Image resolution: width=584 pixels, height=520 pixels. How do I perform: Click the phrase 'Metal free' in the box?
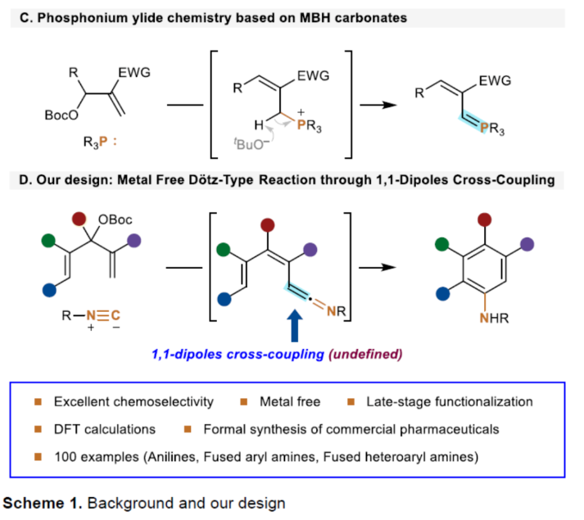(x=292, y=401)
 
